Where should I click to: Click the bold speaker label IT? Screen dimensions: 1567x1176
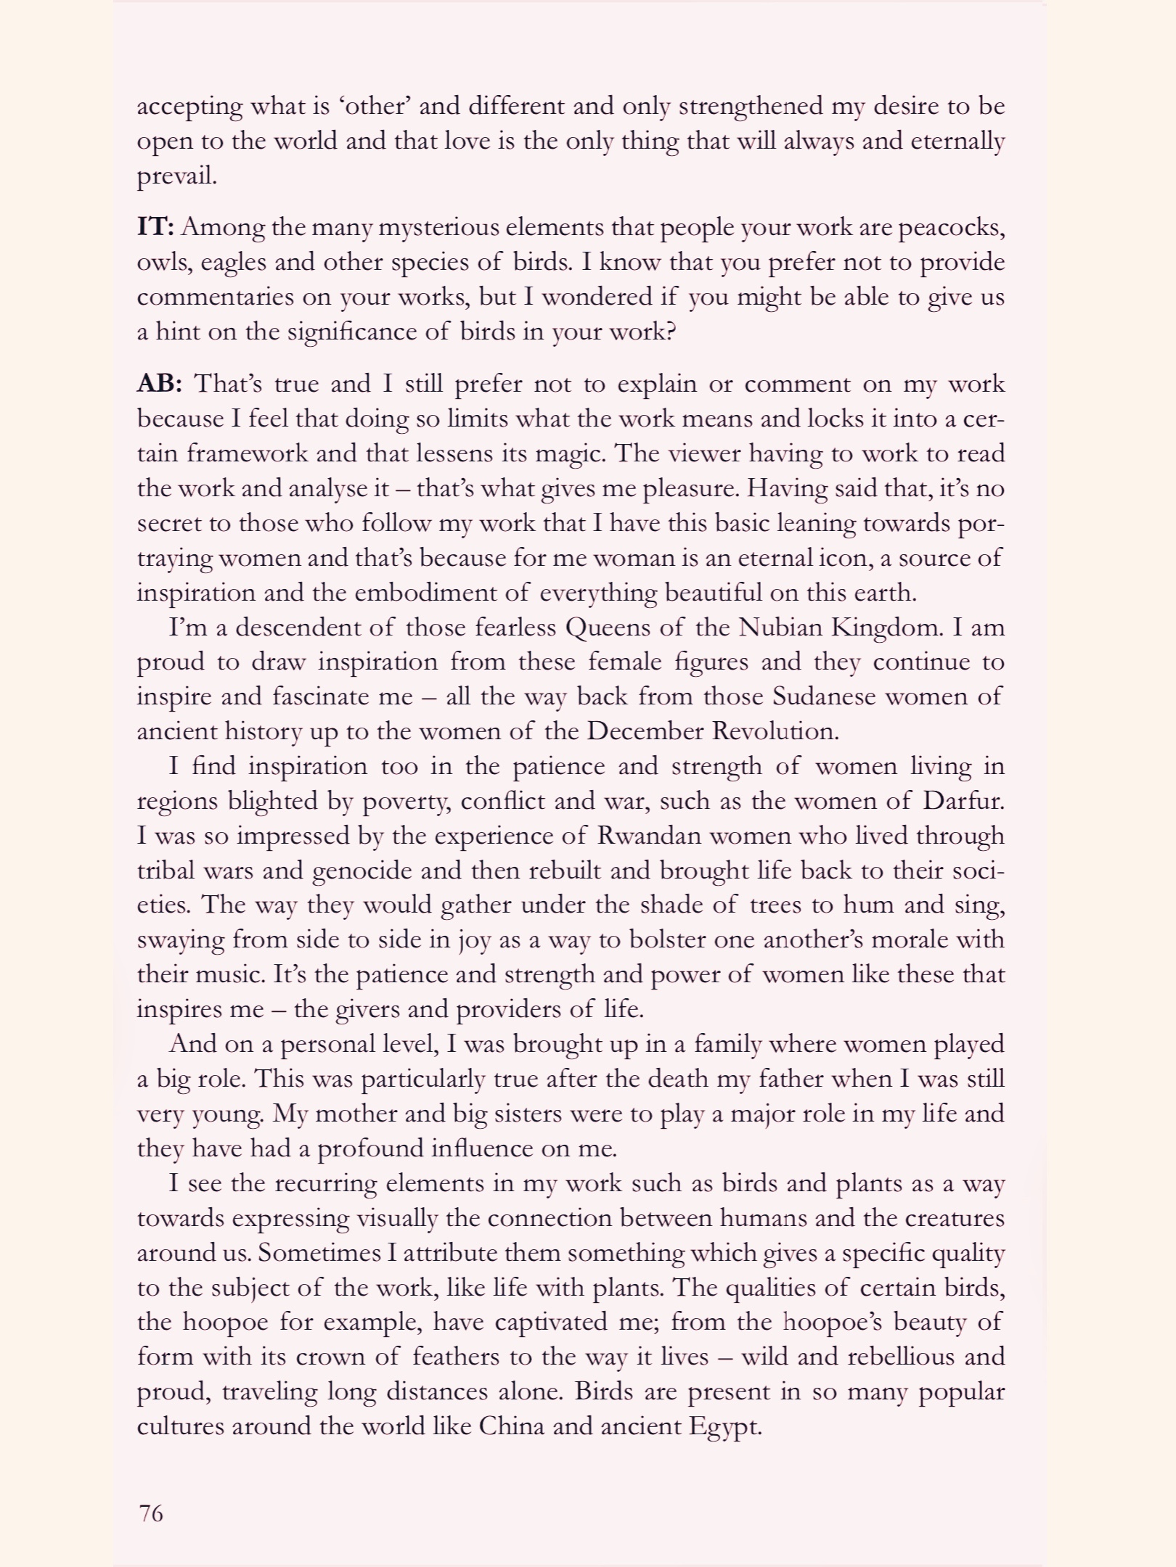pos(155,227)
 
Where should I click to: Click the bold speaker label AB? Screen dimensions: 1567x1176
pos(159,383)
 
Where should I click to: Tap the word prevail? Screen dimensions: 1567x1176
pos(176,176)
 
